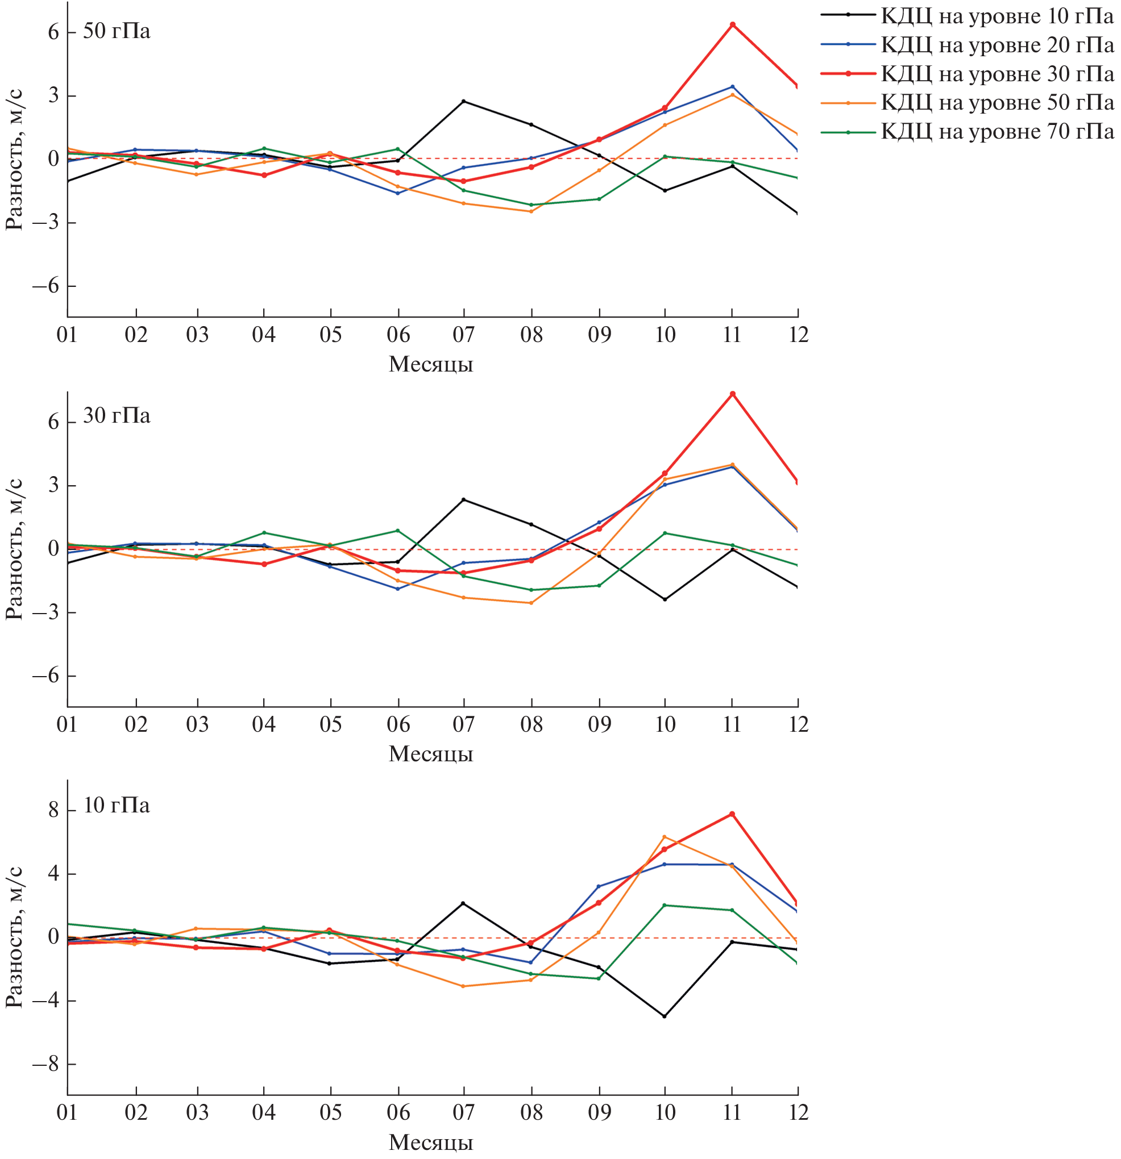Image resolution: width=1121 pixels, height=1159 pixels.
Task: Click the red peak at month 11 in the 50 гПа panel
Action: [732, 25]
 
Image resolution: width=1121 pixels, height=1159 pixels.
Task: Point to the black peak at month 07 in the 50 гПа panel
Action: [464, 101]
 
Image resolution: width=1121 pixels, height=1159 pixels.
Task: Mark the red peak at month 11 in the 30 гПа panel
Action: [732, 394]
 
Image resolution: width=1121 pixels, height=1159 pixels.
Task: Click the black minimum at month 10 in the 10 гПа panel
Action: [665, 1016]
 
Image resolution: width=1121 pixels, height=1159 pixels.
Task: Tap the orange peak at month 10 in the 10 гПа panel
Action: [665, 837]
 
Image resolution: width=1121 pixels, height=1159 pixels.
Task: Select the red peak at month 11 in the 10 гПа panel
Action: [732, 814]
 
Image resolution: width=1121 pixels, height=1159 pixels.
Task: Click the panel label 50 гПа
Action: [117, 31]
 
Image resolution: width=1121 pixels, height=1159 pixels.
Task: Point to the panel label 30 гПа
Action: [117, 416]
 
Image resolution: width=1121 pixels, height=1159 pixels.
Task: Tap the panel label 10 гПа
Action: [117, 806]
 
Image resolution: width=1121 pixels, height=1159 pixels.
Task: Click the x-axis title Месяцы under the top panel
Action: [431, 364]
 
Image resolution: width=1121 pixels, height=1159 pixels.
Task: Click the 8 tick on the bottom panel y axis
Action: [53, 810]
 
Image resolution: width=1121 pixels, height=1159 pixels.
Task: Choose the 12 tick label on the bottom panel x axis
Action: [799, 1113]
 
